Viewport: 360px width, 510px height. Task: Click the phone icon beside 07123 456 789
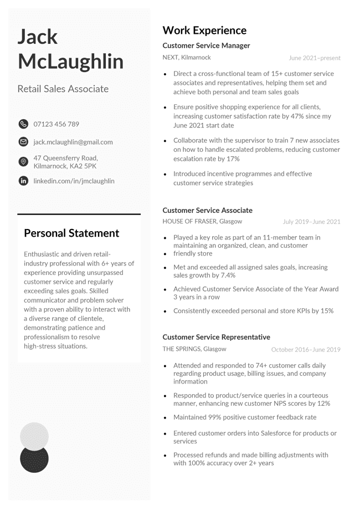point(23,124)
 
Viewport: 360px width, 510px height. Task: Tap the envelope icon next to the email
point(23,142)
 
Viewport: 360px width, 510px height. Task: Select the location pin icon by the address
point(23,162)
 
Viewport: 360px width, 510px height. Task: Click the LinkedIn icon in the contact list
point(23,181)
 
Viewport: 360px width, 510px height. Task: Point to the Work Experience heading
point(204,30)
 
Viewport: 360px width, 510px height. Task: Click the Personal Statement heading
point(71,233)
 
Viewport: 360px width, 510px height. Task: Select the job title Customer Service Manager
point(206,45)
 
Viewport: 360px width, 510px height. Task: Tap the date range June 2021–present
point(315,58)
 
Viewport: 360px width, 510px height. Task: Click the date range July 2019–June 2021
point(311,222)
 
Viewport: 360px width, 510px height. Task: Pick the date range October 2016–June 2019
point(306,350)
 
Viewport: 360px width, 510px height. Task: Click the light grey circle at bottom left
point(34,435)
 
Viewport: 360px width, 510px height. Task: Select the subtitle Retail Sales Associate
point(63,89)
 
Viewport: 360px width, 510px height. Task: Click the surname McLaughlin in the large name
point(70,62)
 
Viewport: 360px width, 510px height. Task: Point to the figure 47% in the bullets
point(309,116)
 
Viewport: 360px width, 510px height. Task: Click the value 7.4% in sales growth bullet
point(227,275)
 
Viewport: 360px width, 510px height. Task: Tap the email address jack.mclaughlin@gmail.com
point(73,142)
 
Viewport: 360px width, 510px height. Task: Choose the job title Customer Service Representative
point(216,337)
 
